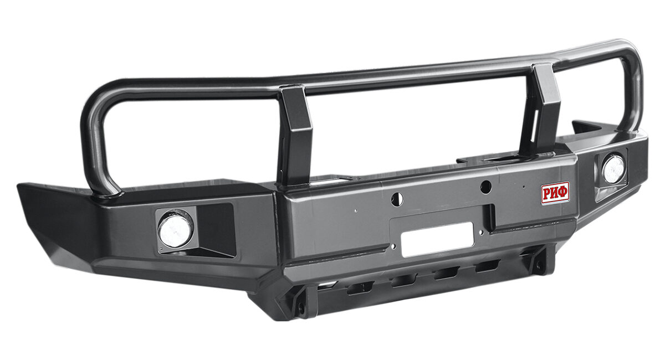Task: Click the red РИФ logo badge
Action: pos(555,193)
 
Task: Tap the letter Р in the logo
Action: pos(547,194)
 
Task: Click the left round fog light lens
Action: pos(176,231)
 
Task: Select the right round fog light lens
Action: pos(613,169)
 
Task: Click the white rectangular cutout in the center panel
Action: pos(437,239)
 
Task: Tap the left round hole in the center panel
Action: pos(397,199)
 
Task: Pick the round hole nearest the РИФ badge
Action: pos(485,187)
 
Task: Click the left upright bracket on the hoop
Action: pos(295,135)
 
